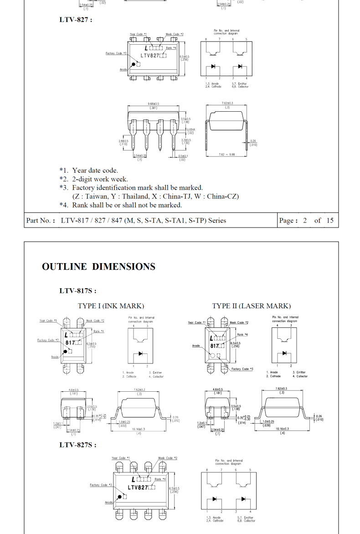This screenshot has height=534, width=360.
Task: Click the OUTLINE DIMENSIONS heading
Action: (98, 267)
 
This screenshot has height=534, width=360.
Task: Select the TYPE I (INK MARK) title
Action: (111, 306)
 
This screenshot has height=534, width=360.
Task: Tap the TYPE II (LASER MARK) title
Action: (251, 306)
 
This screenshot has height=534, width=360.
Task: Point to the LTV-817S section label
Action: (77, 290)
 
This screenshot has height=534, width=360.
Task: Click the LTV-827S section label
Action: (77, 445)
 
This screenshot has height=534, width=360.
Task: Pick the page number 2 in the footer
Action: (305, 221)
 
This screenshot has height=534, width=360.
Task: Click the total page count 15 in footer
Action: (330, 221)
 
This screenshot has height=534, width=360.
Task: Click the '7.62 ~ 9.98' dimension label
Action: (226, 154)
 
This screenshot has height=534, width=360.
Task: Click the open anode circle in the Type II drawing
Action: (212, 354)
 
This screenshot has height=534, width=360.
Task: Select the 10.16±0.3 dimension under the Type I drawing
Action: (139, 429)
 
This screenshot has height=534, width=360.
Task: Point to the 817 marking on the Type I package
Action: (70, 342)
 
